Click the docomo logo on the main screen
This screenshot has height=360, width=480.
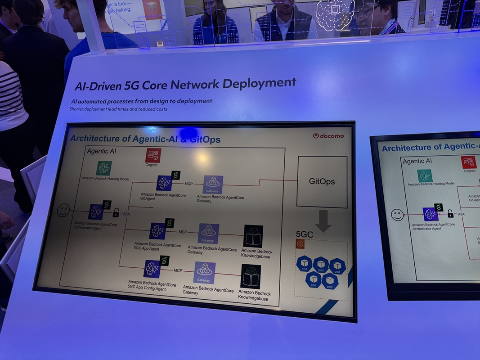pos(328,135)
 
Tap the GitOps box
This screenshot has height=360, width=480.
pos(322,181)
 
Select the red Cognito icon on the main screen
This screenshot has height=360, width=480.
pos(153,156)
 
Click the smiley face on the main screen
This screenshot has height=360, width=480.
pos(63,210)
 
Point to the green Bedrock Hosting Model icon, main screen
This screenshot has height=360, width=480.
pos(104,168)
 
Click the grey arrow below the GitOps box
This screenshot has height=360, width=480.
pos(323,221)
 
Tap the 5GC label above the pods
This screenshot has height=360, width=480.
pos(304,234)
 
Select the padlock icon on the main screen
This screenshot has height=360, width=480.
pos(116,212)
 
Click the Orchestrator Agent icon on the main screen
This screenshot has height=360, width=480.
pos(96,211)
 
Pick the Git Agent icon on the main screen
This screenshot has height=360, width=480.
pos(164,183)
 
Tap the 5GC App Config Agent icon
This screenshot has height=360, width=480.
pos(152,269)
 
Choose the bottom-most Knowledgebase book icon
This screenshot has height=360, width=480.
pos(251,276)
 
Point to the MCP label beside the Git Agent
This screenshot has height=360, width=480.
pos(189,184)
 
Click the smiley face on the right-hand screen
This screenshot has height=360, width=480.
pos(397,215)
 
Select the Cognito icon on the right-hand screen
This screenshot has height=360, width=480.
pos(469,162)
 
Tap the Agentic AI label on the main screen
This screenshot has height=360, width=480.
pos(101,151)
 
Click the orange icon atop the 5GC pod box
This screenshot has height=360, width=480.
pos(301,244)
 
